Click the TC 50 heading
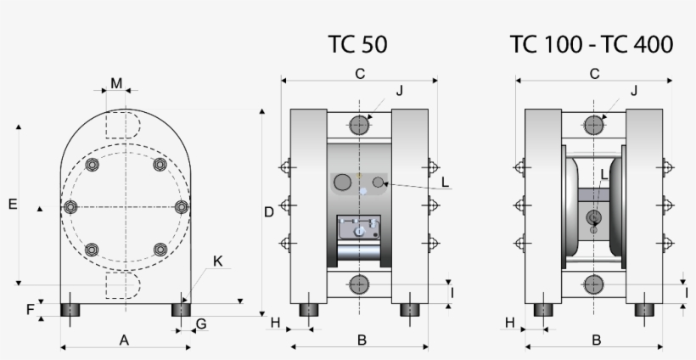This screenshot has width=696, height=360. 357,44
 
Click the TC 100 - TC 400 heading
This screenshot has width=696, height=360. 592,44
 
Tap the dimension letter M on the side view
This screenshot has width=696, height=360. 116,83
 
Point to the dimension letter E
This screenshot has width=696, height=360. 12,204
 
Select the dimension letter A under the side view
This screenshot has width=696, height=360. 124,340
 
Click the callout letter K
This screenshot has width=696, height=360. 218,262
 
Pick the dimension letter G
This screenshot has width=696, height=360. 201,323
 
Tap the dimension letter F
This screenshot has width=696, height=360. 31,309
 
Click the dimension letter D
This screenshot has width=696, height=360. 268,212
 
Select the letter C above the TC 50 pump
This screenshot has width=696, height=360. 360,74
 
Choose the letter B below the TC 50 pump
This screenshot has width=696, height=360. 362,340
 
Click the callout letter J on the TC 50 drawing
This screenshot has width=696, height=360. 399,91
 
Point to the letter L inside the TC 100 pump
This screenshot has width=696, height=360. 603,174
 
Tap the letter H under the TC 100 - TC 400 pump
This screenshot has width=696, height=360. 510,323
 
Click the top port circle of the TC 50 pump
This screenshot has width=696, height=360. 359,125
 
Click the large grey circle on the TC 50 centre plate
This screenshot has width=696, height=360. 344,182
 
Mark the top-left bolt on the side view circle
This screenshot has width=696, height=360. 92,165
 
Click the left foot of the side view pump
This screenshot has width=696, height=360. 70,309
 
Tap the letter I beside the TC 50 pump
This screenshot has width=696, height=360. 452,293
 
